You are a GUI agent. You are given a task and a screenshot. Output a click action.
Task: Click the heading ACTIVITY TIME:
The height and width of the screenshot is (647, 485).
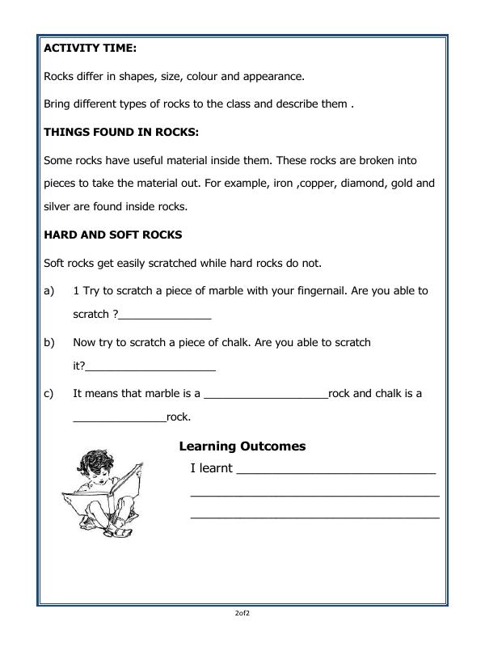pyautogui.click(x=90, y=49)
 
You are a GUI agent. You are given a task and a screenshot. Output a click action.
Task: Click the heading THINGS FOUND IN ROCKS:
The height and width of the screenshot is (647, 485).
pyautogui.click(x=120, y=132)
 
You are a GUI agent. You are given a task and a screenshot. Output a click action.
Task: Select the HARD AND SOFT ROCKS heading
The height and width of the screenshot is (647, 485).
pyautogui.click(x=112, y=235)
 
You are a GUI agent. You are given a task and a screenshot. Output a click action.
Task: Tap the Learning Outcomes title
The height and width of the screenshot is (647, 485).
pyautogui.click(x=242, y=446)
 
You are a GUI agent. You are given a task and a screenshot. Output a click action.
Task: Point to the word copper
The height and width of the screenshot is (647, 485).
pyautogui.click(x=301, y=184)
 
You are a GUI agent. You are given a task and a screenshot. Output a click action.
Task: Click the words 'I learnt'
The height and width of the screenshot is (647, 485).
pyautogui.click(x=211, y=468)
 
